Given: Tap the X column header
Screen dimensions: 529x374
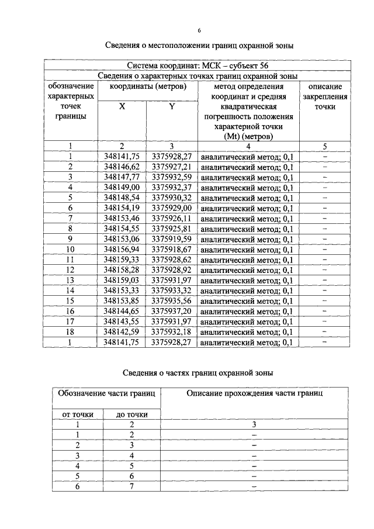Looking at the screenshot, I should point(122,107).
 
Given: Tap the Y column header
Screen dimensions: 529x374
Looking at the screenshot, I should point(171,107).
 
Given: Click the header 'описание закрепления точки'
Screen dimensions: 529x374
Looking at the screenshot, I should point(325,97).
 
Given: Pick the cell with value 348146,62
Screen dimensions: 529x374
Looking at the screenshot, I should point(122,167).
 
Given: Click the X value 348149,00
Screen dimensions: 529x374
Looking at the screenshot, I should point(122,187).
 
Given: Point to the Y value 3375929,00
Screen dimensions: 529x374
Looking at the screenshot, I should point(172,208).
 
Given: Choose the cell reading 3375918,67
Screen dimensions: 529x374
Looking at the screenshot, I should point(172,249).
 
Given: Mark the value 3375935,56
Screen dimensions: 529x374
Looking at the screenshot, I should point(172,300).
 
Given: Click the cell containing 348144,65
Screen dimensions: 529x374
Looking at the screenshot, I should point(122,311).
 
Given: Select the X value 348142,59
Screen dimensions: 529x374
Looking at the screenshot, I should point(122,331).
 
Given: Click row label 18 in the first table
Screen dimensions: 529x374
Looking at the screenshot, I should point(70,331).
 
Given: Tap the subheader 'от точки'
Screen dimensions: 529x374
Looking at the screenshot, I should point(78,414).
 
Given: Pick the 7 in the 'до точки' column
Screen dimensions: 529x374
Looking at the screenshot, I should point(132,486).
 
